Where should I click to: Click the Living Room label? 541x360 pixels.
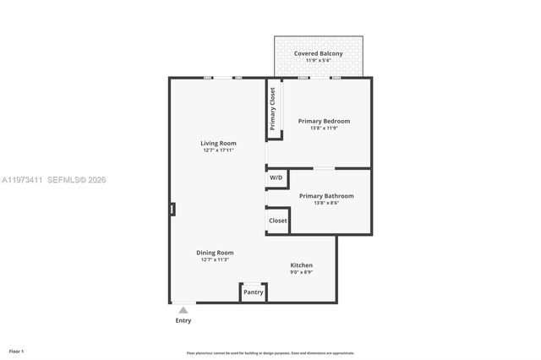[x=218, y=143]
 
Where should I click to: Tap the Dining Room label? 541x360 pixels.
[x=215, y=253]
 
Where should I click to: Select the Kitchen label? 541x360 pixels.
[x=302, y=265]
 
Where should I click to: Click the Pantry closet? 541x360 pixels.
[x=254, y=292]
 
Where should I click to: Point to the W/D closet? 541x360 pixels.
[x=276, y=178]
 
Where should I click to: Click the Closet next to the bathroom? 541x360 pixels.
[x=277, y=221]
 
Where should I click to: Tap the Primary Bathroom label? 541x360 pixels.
[x=326, y=196]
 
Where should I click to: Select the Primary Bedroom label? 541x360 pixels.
[x=324, y=121]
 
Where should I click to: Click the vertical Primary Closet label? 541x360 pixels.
[x=273, y=109]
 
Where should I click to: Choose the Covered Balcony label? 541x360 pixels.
[x=318, y=54]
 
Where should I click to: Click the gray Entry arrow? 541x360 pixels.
[x=183, y=310]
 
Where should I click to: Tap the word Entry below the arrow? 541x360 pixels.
[x=183, y=321]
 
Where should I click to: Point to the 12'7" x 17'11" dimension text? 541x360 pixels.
[x=218, y=150]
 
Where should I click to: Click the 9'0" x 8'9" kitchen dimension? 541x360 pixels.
[x=302, y=273]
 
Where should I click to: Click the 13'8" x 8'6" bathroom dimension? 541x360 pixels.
[x=326, y=204]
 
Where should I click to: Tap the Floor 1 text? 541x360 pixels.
[x=16, y=351]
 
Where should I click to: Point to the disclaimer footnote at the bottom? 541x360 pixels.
[x=270, y=353]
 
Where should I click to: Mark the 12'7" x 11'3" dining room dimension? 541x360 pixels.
[x=215, y=260]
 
